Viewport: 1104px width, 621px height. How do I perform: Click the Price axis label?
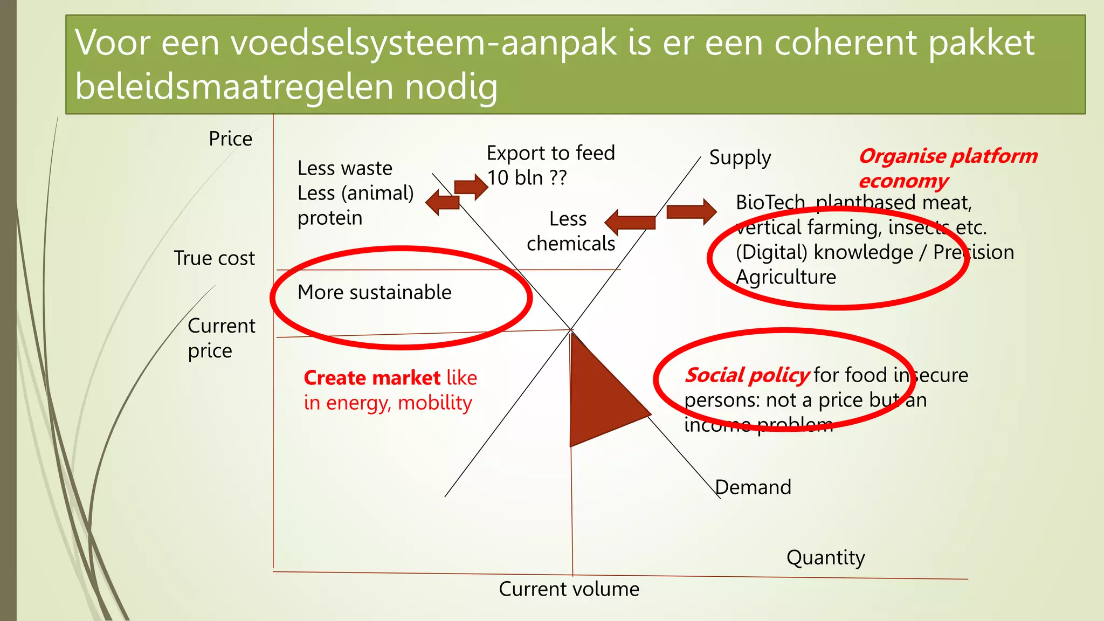[230, 139]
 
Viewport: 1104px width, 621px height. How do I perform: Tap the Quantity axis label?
[825, 557]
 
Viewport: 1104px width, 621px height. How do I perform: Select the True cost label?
[214, 258]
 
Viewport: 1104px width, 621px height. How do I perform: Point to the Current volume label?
[569, 589]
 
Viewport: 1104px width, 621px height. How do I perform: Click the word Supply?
[740, 158]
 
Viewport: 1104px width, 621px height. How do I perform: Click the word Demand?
[754, 487]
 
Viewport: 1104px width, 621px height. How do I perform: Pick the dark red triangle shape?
[601, 396]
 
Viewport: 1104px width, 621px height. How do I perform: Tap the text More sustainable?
[375, 292]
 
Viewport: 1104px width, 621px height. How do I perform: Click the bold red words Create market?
[372, 378]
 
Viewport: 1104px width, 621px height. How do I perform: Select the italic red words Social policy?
[747, 375]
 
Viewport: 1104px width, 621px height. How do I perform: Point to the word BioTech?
[770, 203]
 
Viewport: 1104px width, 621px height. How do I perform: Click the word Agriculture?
[786, 277]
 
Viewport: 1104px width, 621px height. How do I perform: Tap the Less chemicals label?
[570, 231]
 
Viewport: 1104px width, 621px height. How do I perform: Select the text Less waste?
[344, 168]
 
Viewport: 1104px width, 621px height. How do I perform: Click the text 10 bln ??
[527, 178]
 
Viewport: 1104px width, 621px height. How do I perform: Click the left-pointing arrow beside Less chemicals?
[630, 222]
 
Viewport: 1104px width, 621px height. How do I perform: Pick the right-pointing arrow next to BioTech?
[691, 211]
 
